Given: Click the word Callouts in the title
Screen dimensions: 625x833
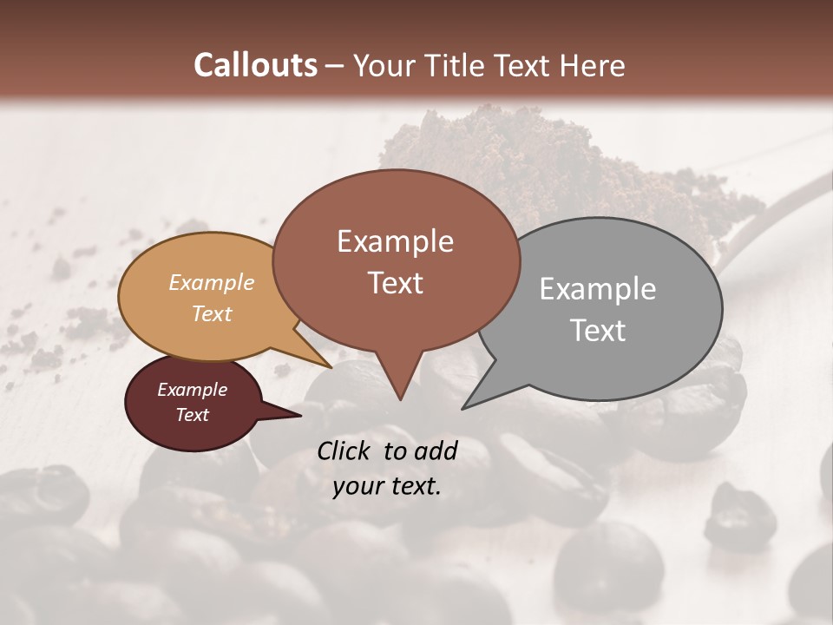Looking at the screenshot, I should [255, 66].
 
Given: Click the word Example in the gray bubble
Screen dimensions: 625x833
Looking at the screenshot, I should [597, 289].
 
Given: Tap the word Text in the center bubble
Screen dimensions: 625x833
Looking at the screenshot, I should [395, 283].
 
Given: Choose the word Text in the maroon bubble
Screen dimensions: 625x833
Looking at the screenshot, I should [192, 415].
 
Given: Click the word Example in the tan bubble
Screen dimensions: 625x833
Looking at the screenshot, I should [211, 283].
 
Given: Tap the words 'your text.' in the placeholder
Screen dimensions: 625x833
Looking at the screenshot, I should [386, 487].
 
